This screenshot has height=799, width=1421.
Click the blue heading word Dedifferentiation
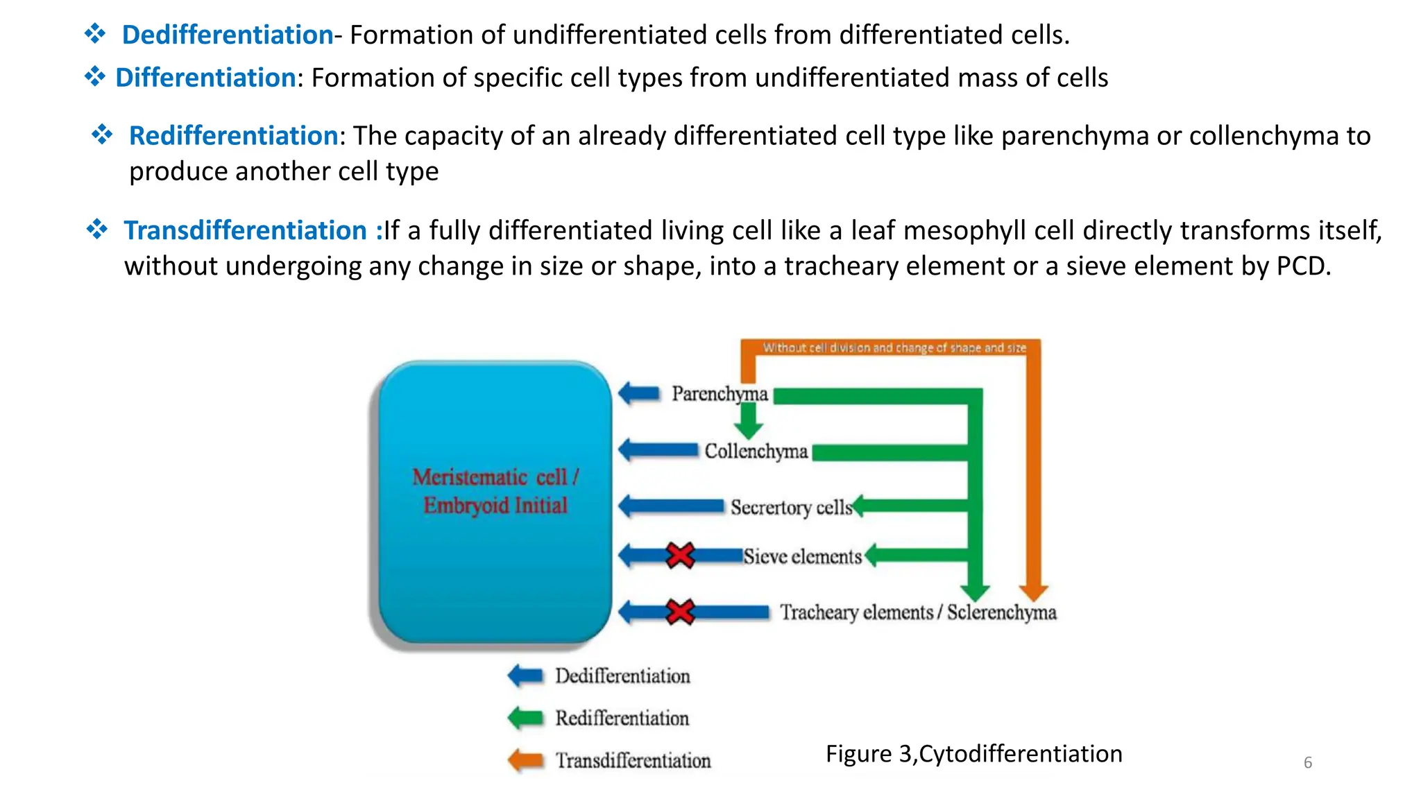pyautogui.click(x=228, y=35)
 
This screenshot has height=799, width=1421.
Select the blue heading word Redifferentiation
pyautogui.click(x=234, y=136)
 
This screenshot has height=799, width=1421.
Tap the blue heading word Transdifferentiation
pyautogui.click(x=245, y=230)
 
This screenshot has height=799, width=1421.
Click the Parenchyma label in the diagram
pyautogui.click(x=720, y=394)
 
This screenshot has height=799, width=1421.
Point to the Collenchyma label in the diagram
pyautogui.click(x=756, y=452)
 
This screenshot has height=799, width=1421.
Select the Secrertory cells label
pyautogui.click(x=791, y=508)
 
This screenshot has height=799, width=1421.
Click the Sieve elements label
pyautogui.click(x=802, y=557)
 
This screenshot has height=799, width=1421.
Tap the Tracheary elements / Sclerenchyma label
pyautogui.click(x=917, y=612)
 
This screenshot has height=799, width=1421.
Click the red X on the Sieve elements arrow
pyautogui.click(x=680, y=556)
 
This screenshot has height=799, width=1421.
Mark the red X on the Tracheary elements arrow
pyautogui.click(x=680, y=612)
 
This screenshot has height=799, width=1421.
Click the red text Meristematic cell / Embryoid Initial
pyautogui.click(x=495, y=491)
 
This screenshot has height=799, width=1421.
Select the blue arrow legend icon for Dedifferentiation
pyautogui.click(x=525, y=676)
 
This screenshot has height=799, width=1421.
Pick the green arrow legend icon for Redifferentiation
pyautogui.click(x=525, y=718)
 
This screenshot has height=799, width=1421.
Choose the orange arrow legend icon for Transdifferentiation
pyautogui.click(x=525, y=760)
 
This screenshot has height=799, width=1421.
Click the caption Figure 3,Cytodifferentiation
pyautogui.click(x=973, y=754)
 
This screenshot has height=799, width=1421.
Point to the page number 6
pyautogui.click(x=1307, y=763)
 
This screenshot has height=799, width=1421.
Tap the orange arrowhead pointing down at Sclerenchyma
pyautogui.click(x=1033, y=591)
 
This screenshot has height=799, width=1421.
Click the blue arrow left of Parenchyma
pyautogui.click(x=639, y=394)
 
